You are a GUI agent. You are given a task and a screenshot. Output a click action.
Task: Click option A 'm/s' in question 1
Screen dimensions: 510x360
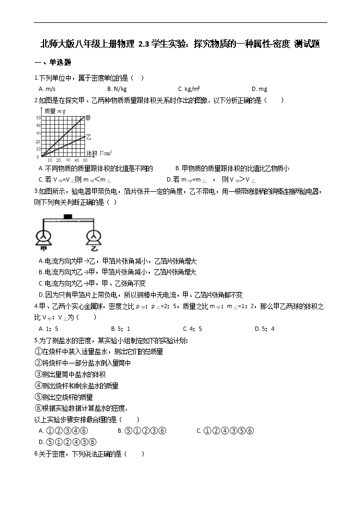pos(48,89)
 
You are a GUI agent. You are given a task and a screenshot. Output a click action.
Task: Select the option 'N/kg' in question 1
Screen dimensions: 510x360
pos(119,89)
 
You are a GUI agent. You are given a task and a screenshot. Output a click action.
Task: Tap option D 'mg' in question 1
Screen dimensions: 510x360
pos(261,89)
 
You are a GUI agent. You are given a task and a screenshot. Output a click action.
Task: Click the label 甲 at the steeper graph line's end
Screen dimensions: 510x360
pos(88,117)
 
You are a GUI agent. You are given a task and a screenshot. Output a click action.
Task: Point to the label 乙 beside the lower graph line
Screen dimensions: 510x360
pos(88,136)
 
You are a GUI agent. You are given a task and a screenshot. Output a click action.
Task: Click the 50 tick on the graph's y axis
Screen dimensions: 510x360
pos(39,117)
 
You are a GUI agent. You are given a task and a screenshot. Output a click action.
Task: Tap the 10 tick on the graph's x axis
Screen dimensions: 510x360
pos(51,160)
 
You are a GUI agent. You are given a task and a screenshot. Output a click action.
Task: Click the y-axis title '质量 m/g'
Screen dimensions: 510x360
pos(55,111)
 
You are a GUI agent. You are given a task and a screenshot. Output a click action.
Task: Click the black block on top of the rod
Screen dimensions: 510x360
pos(68,217)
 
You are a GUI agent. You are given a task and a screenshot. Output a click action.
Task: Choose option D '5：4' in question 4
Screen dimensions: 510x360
pos(266,328)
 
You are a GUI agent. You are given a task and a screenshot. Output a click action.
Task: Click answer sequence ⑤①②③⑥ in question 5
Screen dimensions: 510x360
pos(144,430)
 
